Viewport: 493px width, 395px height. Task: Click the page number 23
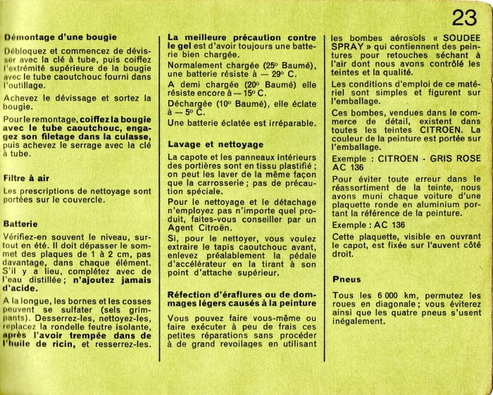(465, 18)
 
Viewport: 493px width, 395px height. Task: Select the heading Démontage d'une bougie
(61, 37)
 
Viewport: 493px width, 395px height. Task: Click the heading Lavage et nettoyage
(216, 144)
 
